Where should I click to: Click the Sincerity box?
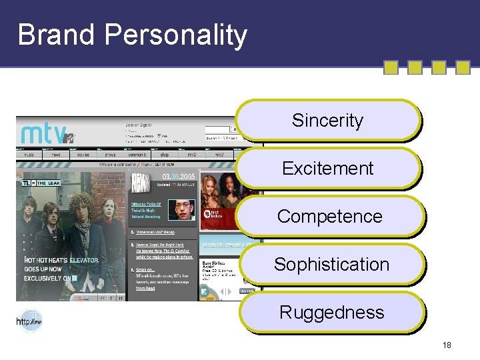pyautogui.click(x=327, y=121)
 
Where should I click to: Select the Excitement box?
pyautogui.click(x=327, y=168)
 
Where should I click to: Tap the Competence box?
pyautogui.click(x=329, y=216)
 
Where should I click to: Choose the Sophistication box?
pyautogui.click(x=331, y=264)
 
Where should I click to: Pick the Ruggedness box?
pyautogui.click(x=331, y=312)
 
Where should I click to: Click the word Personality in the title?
pyautogui.click(x=178, y=35)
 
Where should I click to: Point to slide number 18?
pyautogui.click(x=446, y=345)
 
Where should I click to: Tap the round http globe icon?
pyautogui.click(x=29, y=321)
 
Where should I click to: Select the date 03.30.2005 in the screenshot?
pyautogui.click(x=178, y=176)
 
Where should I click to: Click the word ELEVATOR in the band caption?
pyautogui.click(x=84, y=260)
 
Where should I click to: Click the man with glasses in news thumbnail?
pyautogui.click(x=181, y=209)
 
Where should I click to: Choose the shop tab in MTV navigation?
pyautogui.click(x=163, y=154)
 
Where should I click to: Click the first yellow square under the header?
pyautogui.click(x=391, y=67)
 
